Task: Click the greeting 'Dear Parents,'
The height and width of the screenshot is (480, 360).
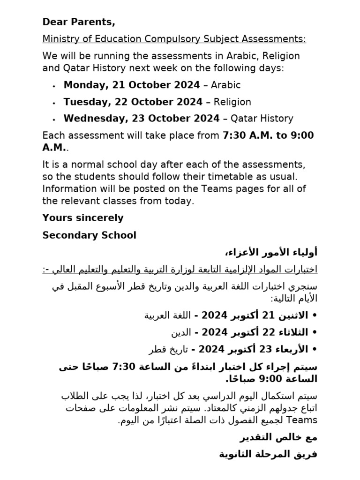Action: (x=79, y=22)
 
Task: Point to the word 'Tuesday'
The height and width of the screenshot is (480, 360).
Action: (x=85, y=102)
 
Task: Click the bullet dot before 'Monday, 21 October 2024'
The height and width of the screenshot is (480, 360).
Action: (x=54, y=86)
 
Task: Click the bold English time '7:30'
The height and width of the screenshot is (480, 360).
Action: (x=233, y=135)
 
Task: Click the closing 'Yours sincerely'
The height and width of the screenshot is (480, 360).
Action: (x=83, y=218)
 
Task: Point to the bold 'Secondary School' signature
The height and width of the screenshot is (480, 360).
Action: (x=89, y=235)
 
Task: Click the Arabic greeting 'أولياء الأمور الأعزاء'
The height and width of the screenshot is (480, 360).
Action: (x=272, y=253)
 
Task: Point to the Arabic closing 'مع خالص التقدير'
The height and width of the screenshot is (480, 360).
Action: (x=278, y=437)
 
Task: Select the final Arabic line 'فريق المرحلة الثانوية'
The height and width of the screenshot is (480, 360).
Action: (x=268, y=454)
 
